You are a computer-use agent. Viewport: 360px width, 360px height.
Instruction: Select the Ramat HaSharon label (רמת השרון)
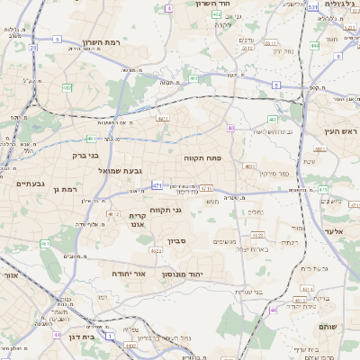101,41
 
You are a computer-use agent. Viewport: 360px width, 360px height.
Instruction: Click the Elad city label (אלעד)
334,231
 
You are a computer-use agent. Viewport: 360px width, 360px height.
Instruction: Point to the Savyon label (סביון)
178,242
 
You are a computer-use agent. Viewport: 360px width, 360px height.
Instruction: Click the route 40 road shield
231,129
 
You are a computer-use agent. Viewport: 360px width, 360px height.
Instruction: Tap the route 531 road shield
311,7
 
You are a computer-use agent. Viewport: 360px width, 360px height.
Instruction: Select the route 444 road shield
315,44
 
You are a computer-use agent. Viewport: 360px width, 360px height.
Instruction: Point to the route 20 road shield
33,48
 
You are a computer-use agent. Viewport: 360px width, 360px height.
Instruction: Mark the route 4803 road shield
248,166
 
